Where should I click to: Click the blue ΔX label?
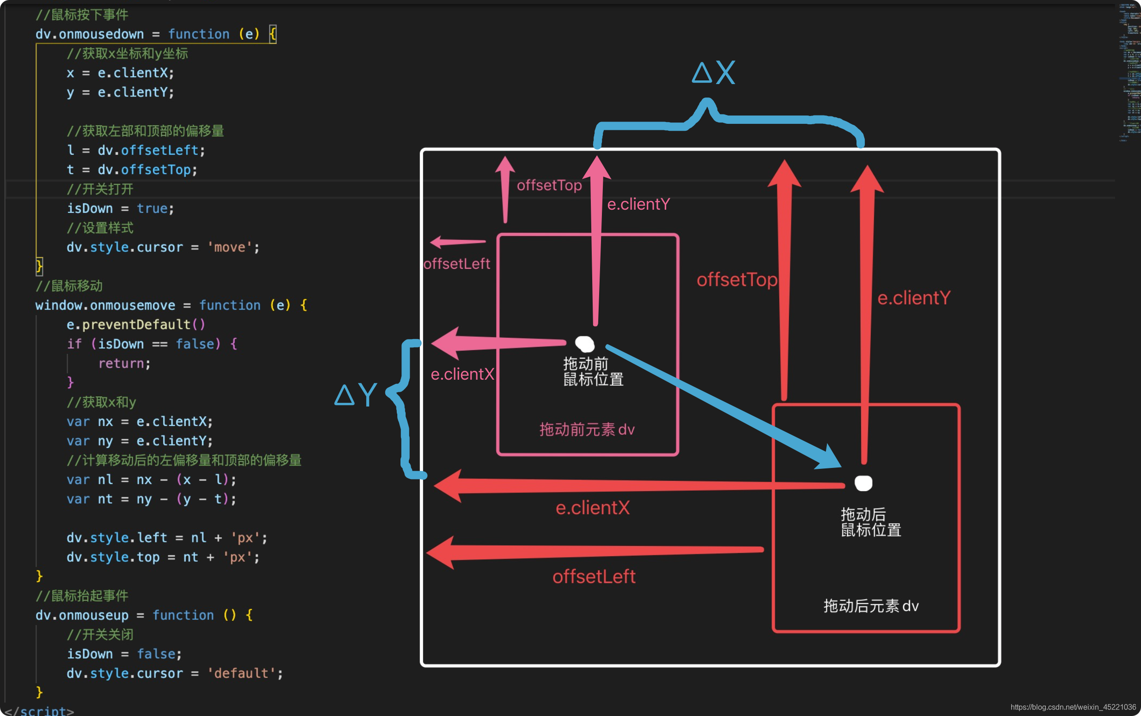pos(714,73)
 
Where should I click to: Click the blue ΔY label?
pos(356,394)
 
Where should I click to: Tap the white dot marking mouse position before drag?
pos(585,343)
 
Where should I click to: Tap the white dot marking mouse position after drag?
pos(863,483)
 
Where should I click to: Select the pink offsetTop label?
pos(549,185)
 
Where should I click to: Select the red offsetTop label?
pos(737,279)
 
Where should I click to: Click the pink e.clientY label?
pos(638,204)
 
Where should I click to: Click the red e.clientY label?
pos(914,298)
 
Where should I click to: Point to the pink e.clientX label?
pos(462,374)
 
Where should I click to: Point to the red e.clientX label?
pos(592,508)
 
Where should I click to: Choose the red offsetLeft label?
pos(594,576)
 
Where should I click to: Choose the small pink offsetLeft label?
pos(456,264)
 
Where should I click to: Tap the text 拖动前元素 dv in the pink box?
pos(587,430)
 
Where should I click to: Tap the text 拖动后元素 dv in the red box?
pos(871,606)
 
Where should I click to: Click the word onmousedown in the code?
pos(101,34)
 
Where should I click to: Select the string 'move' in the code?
pos(230,247)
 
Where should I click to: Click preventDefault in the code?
pos(136,324)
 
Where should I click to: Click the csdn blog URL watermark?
pos(1073,707)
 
